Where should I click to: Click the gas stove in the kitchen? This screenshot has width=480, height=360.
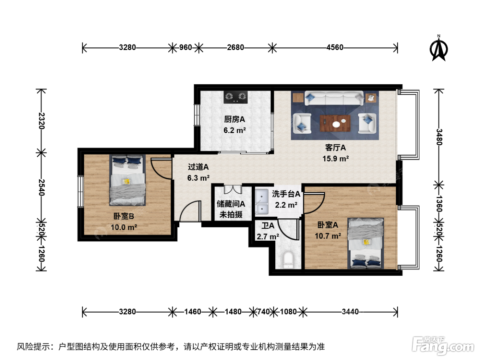pyautogui.click(x=236, y=97)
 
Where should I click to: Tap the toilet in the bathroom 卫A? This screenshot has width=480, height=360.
pyautogui.click(x=288, y=260)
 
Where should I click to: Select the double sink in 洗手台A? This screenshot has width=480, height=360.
pyautogui.click(x=262, y=202)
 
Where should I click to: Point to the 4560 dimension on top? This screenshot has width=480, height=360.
pyautogui.click(x=335, y=47)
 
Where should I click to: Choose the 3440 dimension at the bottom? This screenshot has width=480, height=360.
pyautogui.click(x=350, y=312)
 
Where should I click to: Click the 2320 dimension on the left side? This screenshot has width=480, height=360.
pyautogui.click(x=41, y=121)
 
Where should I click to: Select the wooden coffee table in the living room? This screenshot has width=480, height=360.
pyautogui.click(x=335, y=123)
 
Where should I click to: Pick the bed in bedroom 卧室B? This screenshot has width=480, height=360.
pyautogui.click(x=128, y=180)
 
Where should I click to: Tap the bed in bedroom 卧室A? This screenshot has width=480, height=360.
pyautogui.click(x=365, y=243)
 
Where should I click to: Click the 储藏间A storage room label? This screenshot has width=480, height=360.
pyautogui.click(x=231, y=204)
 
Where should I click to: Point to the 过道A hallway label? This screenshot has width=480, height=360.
pyautogui.click(x=198, y=167)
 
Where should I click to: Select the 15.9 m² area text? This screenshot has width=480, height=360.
pyautogui.click(x=335, y=158)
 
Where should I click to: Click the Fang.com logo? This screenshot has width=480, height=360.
pyautogui.click(x=443, y=346)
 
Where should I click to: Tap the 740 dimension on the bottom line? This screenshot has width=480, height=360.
pyautogui.click(x=264, y=312)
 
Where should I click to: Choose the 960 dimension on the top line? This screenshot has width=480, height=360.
pyautogui.click(x=185, y=47)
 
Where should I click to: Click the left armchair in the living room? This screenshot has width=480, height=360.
pyautogui.click(x=302, y=123)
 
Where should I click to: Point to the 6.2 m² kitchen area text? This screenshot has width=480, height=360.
pyautogui.click(x=235, y=130)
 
